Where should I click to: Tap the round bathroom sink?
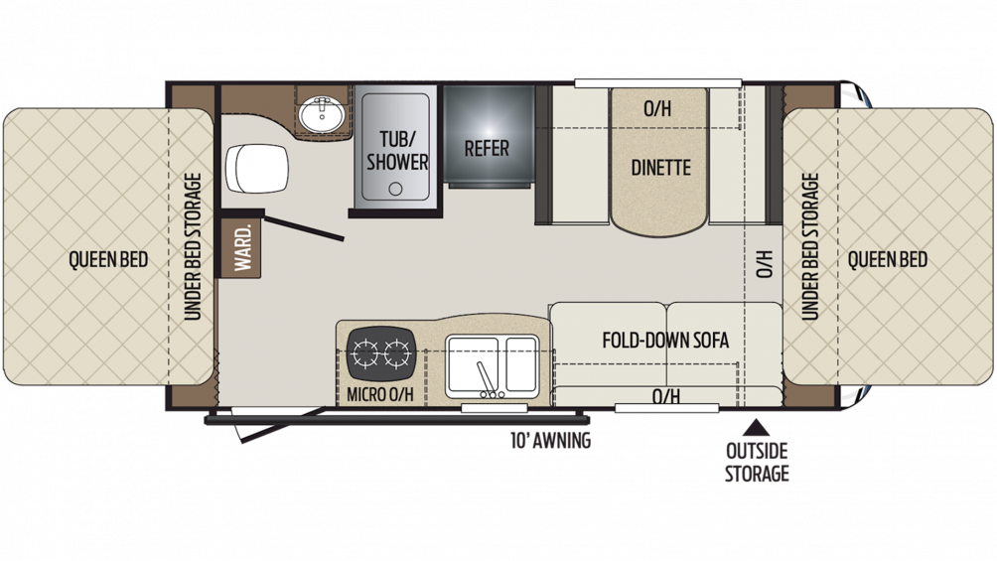tap(322, 114)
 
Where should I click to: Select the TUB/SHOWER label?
tap(397, 151)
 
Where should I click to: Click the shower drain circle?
tap(395, 189)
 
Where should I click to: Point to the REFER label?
tap(487, 149)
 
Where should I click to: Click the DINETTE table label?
tap(660, 167)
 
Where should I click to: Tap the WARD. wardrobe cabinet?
tap(241, 247)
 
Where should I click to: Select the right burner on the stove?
tap(397, 353)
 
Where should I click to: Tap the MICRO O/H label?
tap(379, 394)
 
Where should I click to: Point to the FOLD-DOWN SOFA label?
tap(665, 341)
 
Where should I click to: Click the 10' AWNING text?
tap(551, 440)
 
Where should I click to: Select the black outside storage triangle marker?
tap(756, 427)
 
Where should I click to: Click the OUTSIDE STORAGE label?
tap(757, 463)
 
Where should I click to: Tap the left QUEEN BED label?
tap(108, 259)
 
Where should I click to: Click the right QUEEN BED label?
tap(887, 259)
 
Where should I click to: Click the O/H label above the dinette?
tap(657, 109)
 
